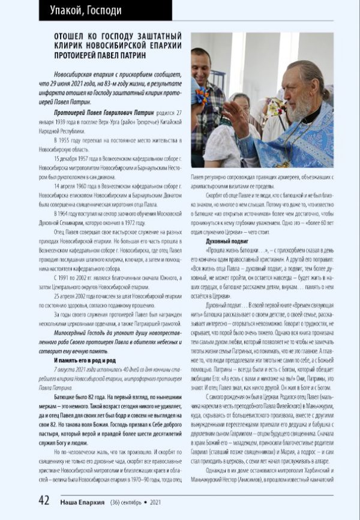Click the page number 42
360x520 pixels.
(x=44, y=500)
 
